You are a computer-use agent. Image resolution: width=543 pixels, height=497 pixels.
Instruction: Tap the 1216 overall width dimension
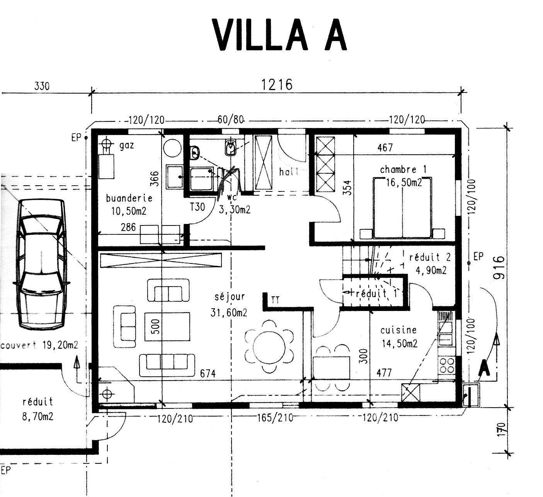(276, 84)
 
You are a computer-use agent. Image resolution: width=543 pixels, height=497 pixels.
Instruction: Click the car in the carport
(41, 264)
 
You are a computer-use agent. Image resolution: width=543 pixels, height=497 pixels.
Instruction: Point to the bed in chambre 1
(402, 208)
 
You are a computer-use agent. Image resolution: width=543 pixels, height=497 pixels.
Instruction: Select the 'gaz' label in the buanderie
(127, 146)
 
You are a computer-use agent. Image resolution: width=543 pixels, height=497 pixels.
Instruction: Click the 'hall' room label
(289, 172)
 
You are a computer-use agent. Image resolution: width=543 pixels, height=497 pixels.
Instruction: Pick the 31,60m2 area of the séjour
(229, 313)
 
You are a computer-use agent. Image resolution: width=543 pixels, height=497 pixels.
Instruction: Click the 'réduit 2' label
(430, 257)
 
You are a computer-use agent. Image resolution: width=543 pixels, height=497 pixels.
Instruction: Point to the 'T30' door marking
(197, 207)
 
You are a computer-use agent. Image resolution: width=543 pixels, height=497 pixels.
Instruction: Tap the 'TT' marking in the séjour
(275, 300)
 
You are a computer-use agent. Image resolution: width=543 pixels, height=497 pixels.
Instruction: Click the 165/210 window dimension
(275, 418)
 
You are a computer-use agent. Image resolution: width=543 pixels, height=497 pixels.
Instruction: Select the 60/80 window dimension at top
(230, 120)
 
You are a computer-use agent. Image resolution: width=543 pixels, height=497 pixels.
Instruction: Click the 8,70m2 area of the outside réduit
(38, 417)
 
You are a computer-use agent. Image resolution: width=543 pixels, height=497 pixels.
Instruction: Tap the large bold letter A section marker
(484, 367)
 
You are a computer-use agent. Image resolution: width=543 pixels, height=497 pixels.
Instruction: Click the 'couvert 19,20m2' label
(39, 345)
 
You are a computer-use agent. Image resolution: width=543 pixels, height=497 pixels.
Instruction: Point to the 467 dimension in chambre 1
(385, 147)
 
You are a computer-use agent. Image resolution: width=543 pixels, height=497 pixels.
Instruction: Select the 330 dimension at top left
(42, 86)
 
